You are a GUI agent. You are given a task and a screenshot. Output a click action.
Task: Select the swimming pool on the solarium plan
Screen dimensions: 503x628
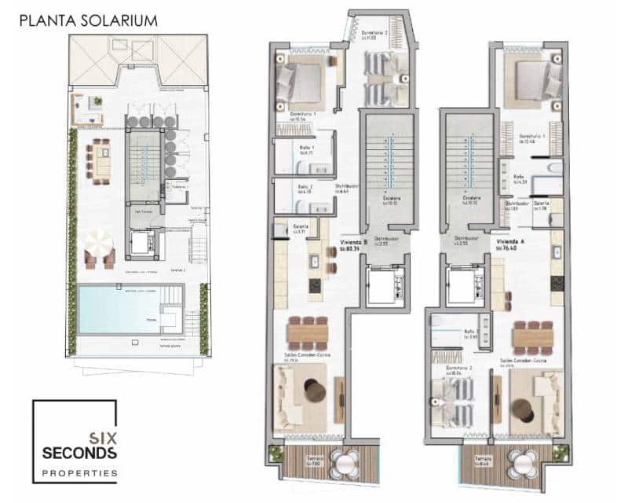tap(118, 309)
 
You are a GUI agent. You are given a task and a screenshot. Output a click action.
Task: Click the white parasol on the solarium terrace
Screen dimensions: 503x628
tap(100, 241)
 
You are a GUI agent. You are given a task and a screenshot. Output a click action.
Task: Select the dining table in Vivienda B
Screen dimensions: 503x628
tap(309, 332)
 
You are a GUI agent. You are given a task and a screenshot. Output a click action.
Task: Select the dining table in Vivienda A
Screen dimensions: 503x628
tap(535, 337)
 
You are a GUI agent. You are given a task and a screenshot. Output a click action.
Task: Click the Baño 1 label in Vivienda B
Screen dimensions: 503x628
tap(306, 148)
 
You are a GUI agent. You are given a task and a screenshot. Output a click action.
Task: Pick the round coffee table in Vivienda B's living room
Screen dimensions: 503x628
tap(316, 390)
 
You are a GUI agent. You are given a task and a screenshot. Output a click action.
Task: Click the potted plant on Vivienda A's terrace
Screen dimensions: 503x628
tap(560, 453)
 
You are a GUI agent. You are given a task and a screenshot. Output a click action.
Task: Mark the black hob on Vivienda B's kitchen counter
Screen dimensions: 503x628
tap(315, 287)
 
